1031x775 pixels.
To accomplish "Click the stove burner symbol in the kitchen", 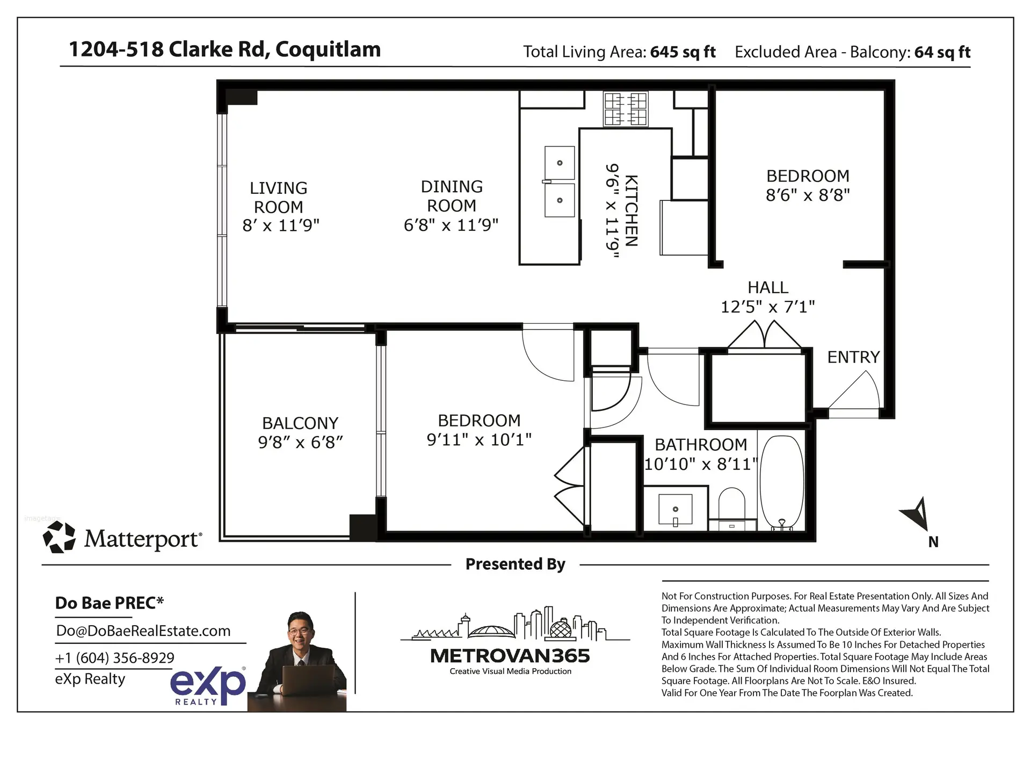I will coord(626,108).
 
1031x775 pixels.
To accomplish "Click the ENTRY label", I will coord(853,357).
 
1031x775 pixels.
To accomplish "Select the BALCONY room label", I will coord(300,423).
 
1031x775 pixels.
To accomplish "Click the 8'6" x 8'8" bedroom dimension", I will coord(807,195).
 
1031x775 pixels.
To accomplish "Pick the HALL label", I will coord(767,287).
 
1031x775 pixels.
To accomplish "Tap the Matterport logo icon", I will coord(59,538).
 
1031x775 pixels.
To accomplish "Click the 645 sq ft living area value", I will coord(683,52).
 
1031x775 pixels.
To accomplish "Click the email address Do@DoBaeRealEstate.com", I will coord(143,631).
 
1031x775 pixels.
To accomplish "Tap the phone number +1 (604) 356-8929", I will coord(114,658).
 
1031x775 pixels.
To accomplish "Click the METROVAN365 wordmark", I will coord(510,656).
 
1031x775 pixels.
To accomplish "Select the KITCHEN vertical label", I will coord(631,211).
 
